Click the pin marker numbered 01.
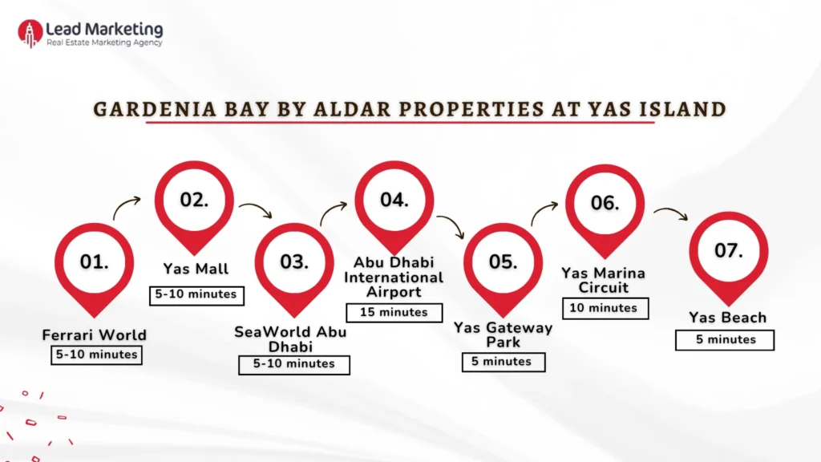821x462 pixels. [x=95, y=263]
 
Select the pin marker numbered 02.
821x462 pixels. [x=194, y=201]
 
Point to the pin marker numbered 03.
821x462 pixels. [x=294, y=263]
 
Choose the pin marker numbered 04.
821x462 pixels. [x=394, y=201]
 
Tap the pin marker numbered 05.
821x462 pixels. [x=503, y=263]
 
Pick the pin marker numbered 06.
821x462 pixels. [x=605, y=204]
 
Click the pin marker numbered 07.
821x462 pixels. [x=728, y=251]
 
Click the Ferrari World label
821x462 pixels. [x=95, y=334]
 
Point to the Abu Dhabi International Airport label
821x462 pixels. [x=394, y=277]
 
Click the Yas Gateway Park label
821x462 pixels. [x=503, y=334]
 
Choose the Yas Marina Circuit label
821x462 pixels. [x=605, y=280]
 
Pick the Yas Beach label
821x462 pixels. [x=727, y=318]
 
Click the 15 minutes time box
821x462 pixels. [x=394, y=313]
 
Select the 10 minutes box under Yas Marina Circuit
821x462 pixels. [x=605, y=308]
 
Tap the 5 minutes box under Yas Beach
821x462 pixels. [x=725, y=340]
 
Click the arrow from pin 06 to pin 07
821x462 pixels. [x=670, y=213]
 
